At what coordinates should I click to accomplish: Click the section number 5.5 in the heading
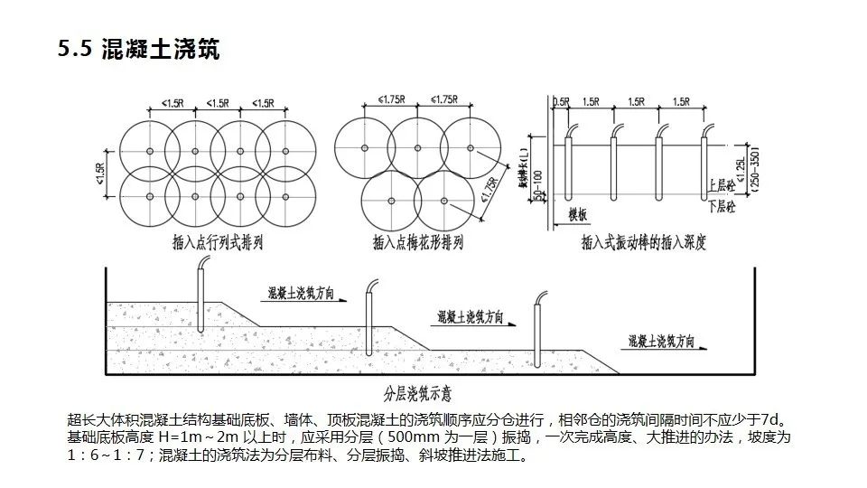click(74, 50)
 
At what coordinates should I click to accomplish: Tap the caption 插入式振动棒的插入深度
click(642, 243)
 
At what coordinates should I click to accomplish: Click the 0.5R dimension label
click(560, 102)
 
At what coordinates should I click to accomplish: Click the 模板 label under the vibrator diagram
click(578, 214)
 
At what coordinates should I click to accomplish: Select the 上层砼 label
click(723, 184)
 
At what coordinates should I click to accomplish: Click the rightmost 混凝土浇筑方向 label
click(662, 342)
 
